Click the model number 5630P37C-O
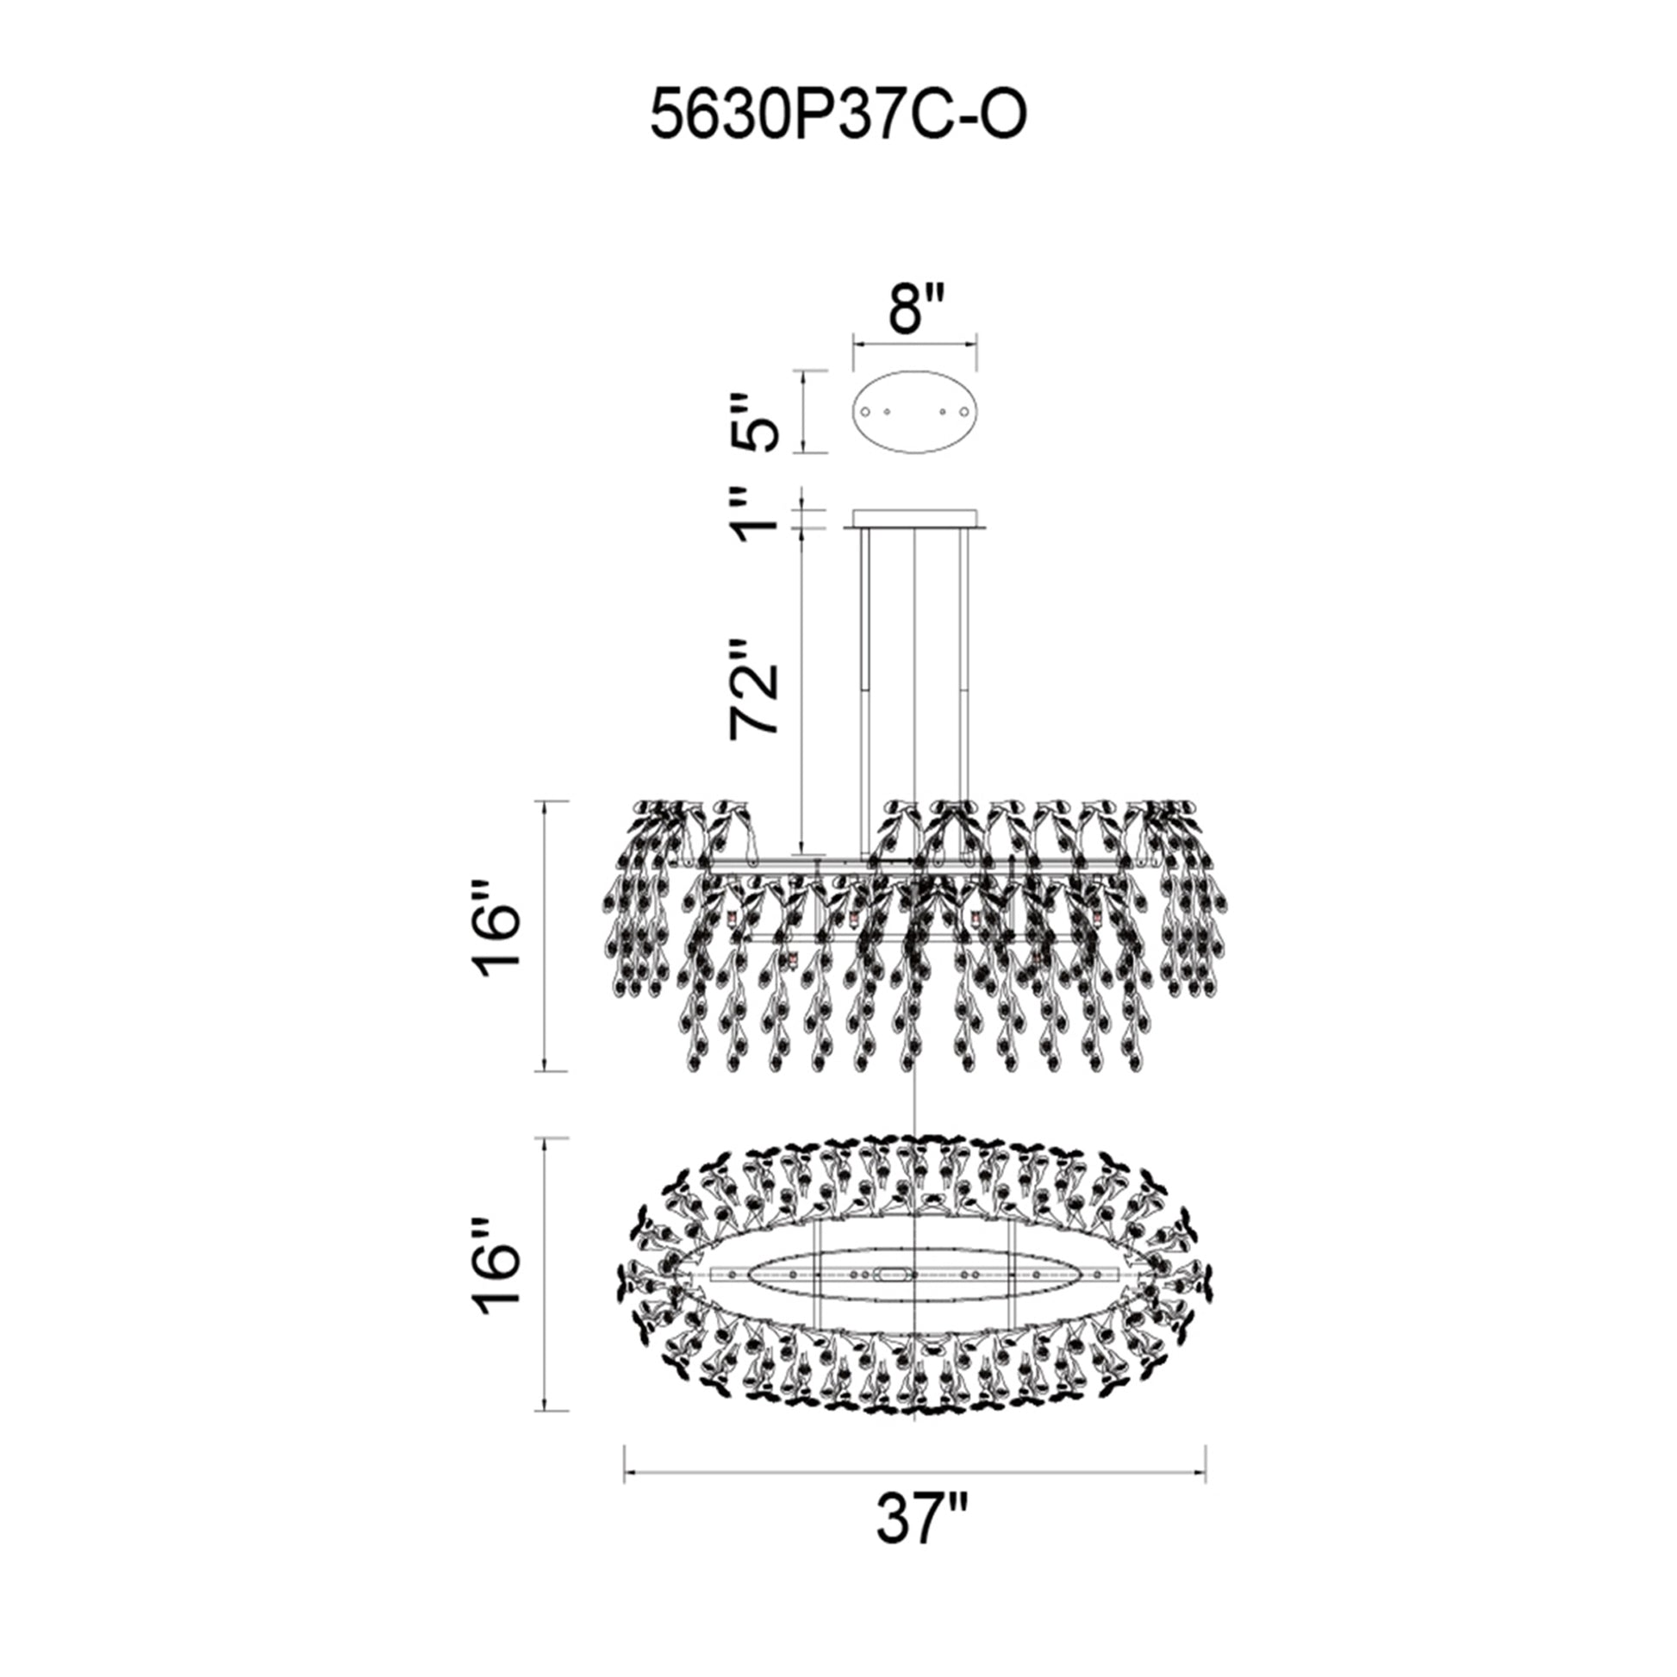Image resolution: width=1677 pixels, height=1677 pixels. (x=838, y=117)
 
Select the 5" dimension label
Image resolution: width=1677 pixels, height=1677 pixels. (x=751, y=423)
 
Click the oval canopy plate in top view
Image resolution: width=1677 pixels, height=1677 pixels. (x=916, y=410)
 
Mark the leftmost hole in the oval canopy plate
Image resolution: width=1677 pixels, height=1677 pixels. (x=866, y=411)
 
